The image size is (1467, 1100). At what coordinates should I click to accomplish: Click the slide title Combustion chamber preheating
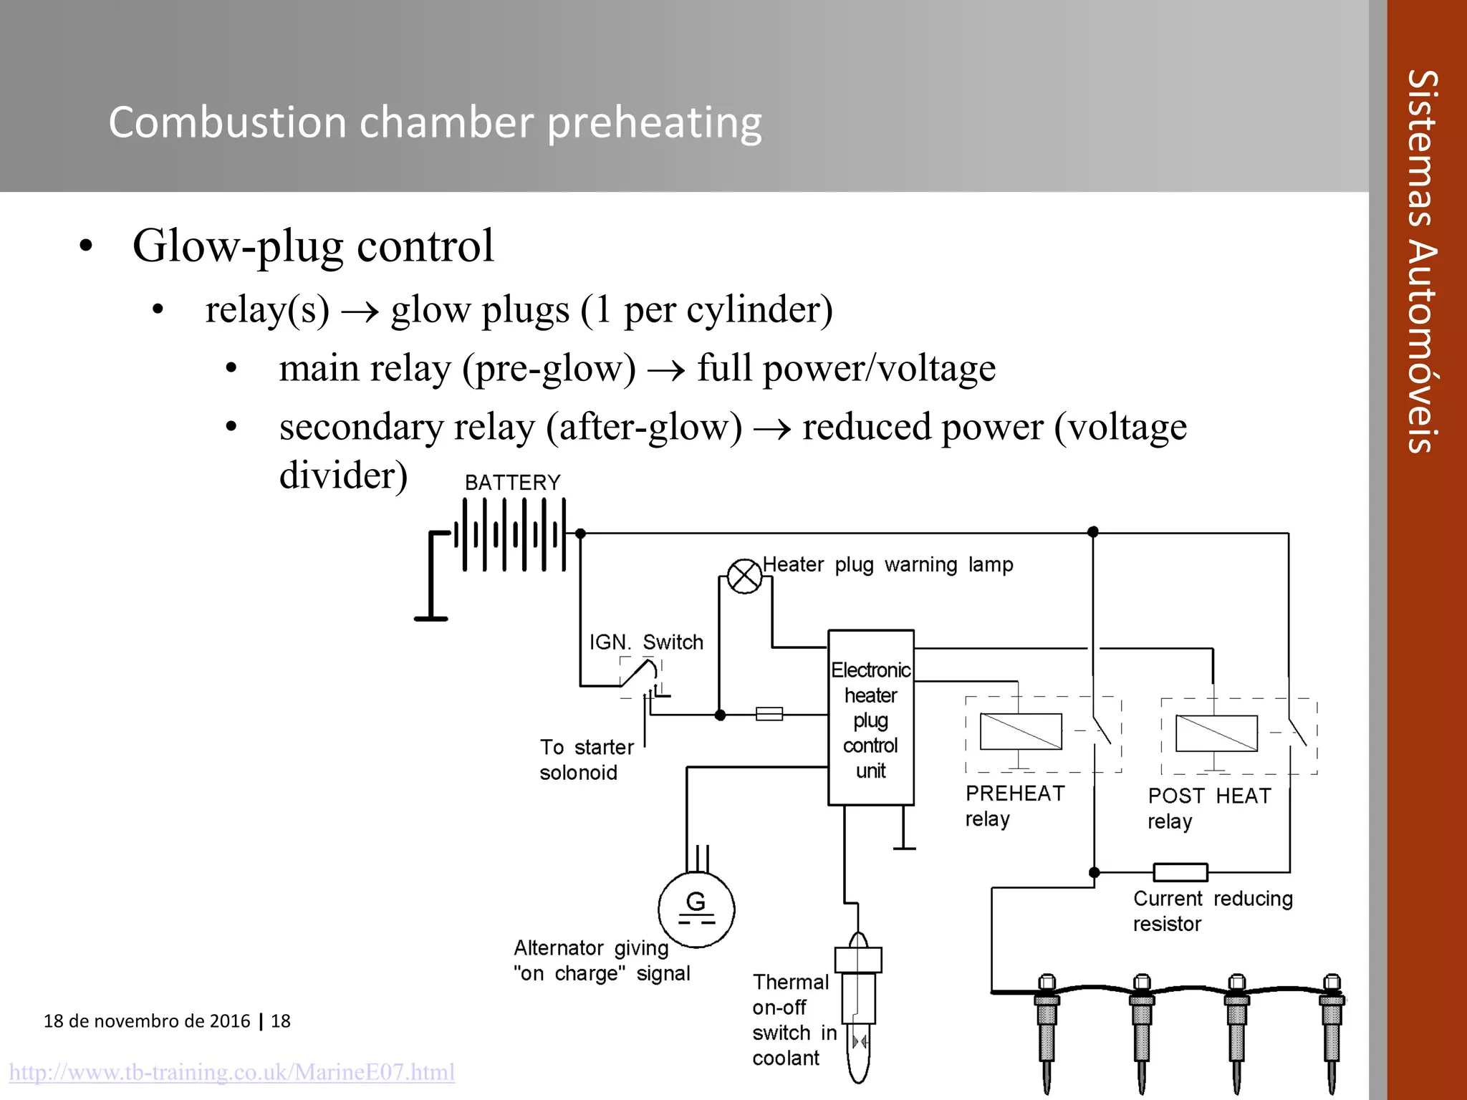coord(435,122)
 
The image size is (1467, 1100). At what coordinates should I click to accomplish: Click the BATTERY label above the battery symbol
coord(512,483)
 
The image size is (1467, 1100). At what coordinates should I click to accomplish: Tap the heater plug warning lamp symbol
coord(744,576)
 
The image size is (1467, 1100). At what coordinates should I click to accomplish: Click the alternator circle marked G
coord(696,910)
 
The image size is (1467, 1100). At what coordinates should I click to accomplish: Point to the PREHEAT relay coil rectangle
coord(1021,732)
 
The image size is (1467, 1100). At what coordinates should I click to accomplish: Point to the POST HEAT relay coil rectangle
coord(1216,733)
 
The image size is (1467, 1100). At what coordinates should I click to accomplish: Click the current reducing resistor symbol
coord(1180,872)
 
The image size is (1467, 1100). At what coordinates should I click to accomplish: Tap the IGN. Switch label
coord(646,642)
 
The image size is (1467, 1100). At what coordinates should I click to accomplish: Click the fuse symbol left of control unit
coord(769,714)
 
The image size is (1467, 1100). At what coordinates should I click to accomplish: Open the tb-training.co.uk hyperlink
coord(231,1072)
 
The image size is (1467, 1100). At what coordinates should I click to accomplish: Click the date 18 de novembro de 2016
coord(147,1021)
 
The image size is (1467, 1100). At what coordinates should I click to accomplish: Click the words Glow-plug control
coord(313,246)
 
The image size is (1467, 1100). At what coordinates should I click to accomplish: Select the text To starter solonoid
coord(585,760)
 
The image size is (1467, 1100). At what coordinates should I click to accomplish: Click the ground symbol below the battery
coord(431,618)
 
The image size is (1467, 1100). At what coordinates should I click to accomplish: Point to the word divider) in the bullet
coord(343,476)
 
